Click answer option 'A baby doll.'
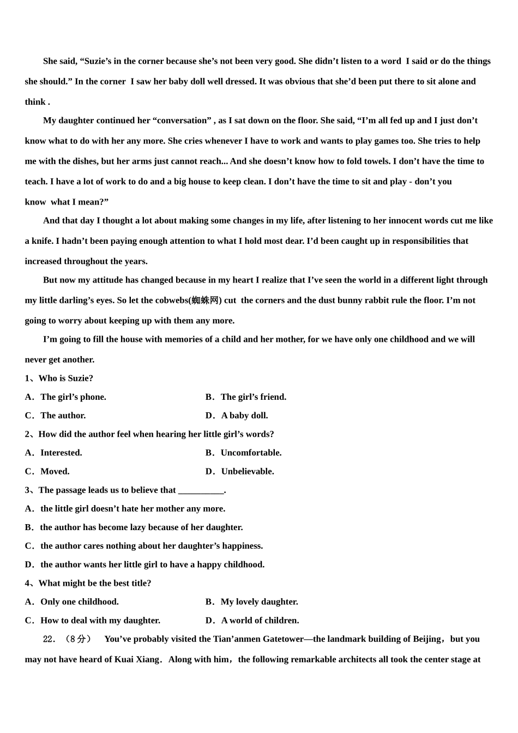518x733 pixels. [x=244, y=416]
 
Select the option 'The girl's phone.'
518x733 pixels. [x=73, y=397]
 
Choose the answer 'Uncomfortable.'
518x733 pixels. [x=251, y=453]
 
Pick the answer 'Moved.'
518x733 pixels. [x=55, y=471]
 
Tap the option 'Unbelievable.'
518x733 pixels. [x=248, y=471]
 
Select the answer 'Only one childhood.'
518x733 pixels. [x=79, y=602]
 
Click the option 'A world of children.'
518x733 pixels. [x=260, y=620]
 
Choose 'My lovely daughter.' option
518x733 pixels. [x=259, y=602]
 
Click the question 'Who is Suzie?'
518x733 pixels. [x=65, y=378]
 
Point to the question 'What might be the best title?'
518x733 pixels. [x=95, y=583]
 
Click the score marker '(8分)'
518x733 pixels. [x=78, y=639]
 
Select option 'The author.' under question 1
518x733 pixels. [x=63, y=416]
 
